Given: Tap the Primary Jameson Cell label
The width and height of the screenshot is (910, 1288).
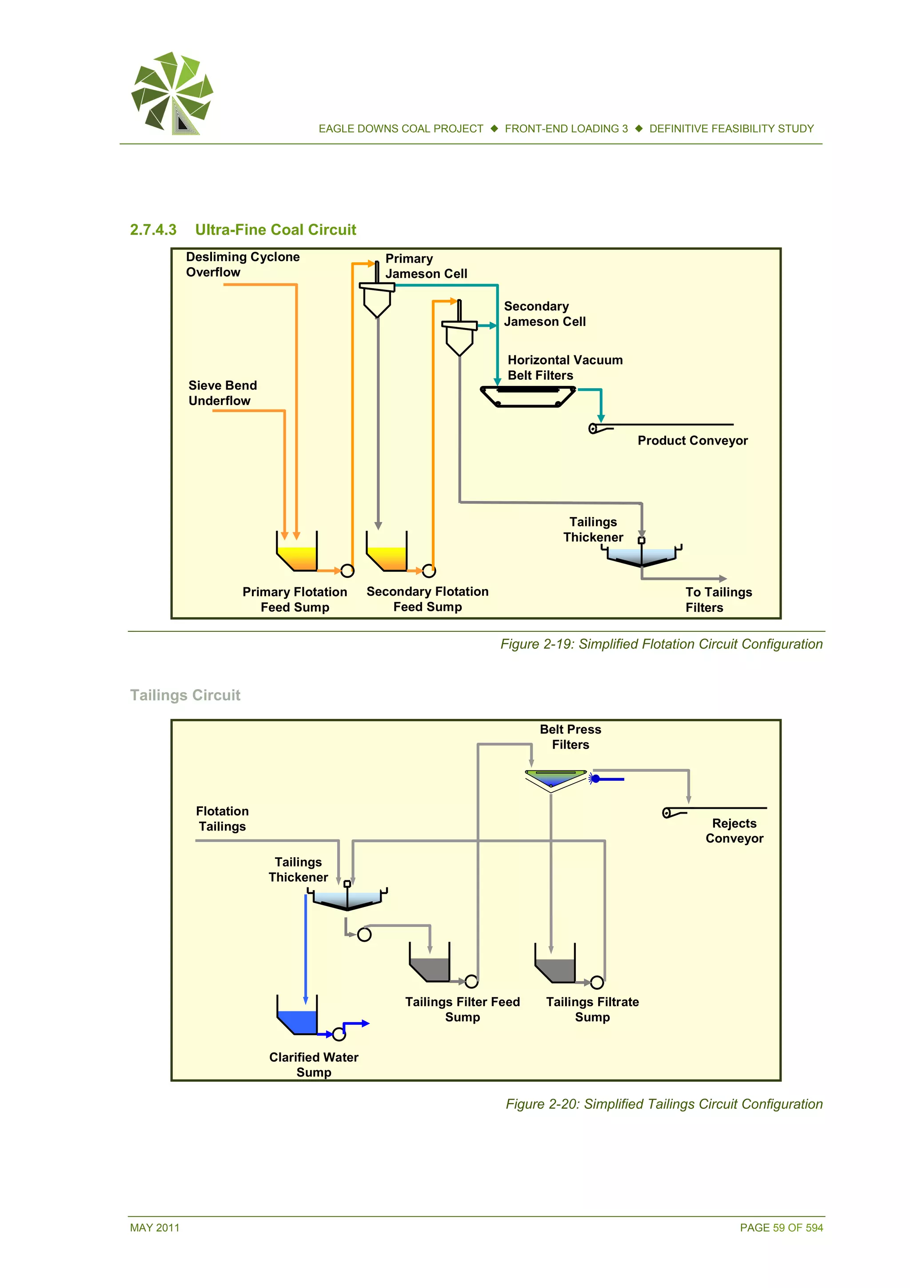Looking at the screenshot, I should click(x=426, y=266).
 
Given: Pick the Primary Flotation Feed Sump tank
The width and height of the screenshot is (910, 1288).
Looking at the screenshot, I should click(x=297, y=553).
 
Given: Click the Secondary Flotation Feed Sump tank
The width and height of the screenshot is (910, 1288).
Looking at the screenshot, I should click(x=386, y=553).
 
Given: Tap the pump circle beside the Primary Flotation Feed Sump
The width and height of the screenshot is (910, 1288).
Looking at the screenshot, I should click(x=347, y=571).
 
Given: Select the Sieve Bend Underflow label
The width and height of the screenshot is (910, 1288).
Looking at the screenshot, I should click(x=223, y=393).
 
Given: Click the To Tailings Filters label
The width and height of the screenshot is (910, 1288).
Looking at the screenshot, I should click(x=718, y=599).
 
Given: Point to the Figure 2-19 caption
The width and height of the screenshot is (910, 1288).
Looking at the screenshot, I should click(x=661, y=644).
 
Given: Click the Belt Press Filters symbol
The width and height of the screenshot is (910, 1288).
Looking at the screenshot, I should click(x=555, y=778).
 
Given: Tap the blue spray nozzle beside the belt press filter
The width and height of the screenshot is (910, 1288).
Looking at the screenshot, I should click(x=596, y=778).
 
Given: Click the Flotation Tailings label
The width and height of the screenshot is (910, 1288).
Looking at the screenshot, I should click(x=222, y=819).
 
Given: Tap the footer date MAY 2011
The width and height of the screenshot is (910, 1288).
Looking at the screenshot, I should click(x=155, y=1228).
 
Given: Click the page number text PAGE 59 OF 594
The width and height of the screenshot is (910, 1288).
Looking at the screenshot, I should click(x=781, y=1228).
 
